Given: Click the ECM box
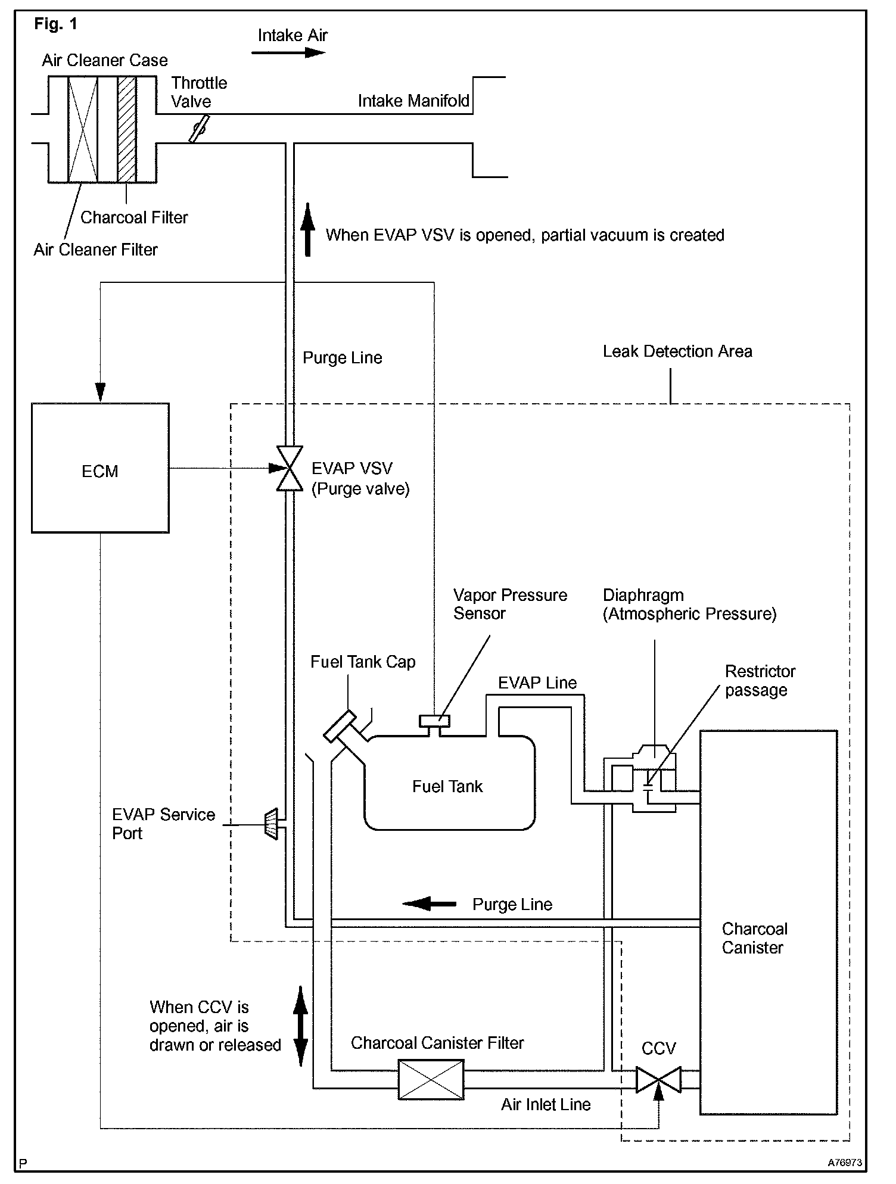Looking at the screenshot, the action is tap(100, 468).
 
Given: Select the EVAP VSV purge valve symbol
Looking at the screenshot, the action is tap(290, 469).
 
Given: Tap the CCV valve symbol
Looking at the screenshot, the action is tap(658, 1080).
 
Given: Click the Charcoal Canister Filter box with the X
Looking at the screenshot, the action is tap(431, 1079).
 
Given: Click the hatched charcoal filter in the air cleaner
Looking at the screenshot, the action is tap(127, 129).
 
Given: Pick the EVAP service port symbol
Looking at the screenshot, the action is tap(271, 824).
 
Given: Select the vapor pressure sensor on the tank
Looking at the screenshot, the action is tap(435, 721).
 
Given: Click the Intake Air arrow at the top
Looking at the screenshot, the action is tap(288, 52).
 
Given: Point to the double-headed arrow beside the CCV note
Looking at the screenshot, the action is tap(301, 1026).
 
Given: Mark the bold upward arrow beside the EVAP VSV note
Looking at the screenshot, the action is tap(307, 229).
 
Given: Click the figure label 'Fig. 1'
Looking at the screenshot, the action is tap(55, 24).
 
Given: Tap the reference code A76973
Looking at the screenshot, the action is tap(844, 1162).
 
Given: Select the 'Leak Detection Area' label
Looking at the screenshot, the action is tap(677, 351).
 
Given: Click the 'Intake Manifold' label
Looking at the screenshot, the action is tap(413, 101).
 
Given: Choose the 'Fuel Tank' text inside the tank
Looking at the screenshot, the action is tap(447, 787).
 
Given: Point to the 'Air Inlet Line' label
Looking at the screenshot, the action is tap(546, 1105).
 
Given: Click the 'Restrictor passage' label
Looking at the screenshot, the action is tap(760, 681).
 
